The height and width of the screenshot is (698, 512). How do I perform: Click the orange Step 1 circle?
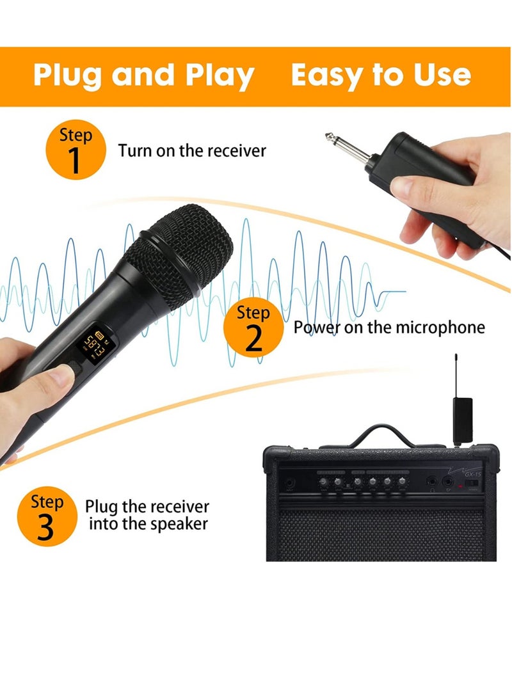coord(76,151)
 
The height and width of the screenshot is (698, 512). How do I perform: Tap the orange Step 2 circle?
coord(253,329)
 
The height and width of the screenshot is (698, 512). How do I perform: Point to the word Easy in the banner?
coord(327,75)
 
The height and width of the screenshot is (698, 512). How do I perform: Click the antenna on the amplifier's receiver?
coord(456,374)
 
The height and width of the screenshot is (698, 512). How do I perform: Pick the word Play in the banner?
coord(218,75)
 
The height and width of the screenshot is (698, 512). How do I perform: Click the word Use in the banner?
coord(441,75)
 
